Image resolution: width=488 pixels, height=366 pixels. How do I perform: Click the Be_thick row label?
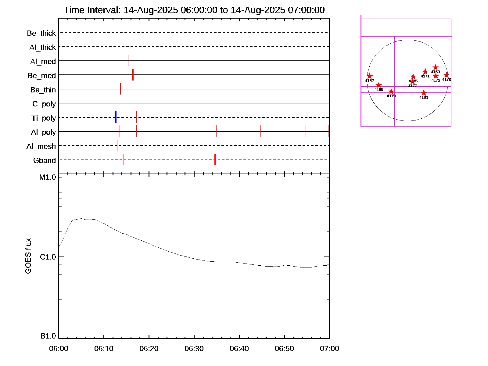point(41,33)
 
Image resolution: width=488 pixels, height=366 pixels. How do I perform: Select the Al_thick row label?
point(43,48)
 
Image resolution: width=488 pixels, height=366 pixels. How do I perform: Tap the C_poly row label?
point(44,104)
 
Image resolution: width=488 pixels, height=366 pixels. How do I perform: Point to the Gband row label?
point(45,161)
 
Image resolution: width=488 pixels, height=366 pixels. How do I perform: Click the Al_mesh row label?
point(41,147)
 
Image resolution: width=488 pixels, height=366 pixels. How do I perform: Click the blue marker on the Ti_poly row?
point(116,117)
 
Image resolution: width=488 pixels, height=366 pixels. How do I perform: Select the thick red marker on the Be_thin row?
point(120,89)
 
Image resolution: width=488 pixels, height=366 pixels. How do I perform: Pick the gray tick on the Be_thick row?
point(125,32)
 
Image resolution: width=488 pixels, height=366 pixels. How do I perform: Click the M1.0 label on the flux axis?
point(48,177)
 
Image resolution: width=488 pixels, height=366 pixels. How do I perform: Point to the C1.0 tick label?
point(48,257)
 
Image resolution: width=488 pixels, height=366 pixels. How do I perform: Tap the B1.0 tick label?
point(48,336)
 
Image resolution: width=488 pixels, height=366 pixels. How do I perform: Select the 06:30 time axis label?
point(194,349)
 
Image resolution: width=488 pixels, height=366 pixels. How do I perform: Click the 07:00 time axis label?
point(329,349)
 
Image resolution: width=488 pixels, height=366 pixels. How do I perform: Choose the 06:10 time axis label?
point(104,349)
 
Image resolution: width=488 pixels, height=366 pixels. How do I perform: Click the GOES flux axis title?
point(28,256)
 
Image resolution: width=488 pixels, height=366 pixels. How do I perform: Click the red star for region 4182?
point(369,76)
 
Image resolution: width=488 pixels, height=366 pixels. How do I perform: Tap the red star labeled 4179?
point(391,91)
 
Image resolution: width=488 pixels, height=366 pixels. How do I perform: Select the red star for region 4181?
point(424,93)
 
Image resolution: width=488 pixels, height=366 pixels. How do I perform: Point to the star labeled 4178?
point(447,75)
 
